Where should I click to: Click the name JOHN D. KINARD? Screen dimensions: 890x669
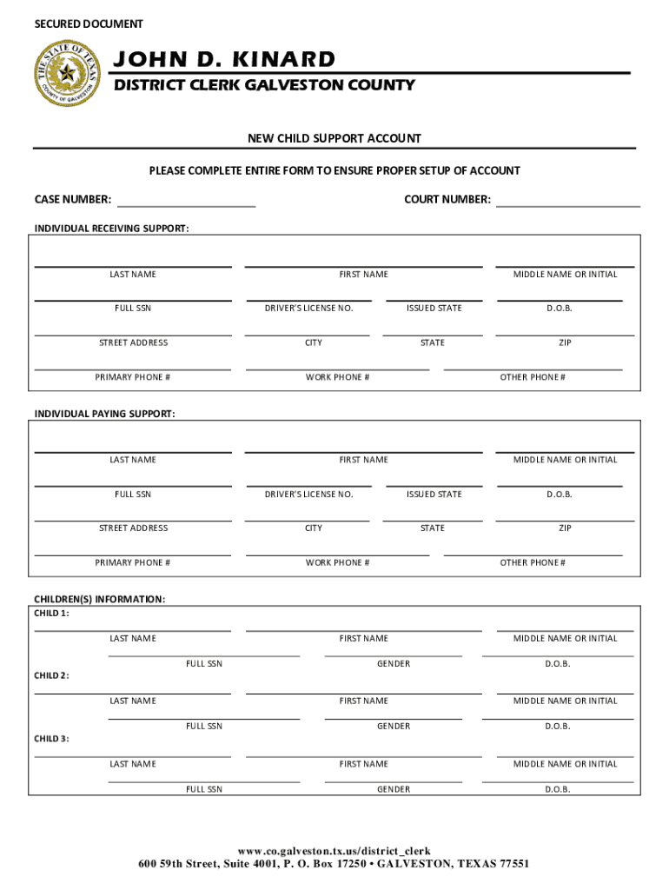(x=224, y=60)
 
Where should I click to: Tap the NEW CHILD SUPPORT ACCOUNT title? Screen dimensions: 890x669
(x=334, y=138)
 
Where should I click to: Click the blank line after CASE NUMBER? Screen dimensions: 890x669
(x=186, y=205)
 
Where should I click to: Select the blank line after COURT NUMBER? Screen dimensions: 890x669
(x=567, y=205)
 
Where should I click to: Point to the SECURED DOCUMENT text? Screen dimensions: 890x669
(x=89, y=23)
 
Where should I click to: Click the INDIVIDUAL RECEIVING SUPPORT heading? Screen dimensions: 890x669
(x=111, y=228)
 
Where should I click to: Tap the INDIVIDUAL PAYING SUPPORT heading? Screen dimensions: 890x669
(x=104, y=414)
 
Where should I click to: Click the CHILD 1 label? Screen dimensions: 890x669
(x=51, y=614)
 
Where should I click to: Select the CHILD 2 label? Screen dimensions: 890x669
(x=51, y=675)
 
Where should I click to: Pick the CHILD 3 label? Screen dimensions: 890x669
(x=51, y=739)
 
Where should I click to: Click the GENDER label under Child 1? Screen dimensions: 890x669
(x=394, y=664)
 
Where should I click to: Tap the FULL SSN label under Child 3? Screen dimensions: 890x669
(x=204, y=789)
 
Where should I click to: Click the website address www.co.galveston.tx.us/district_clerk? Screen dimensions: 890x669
(x=334, y=850)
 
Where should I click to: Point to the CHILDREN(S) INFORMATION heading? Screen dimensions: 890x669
(x=99, y=600)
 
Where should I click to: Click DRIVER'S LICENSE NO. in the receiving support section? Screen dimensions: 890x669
(x=309, y=309)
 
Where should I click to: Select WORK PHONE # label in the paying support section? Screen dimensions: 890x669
(x=337, y=562)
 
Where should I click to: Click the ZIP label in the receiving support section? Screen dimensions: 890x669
(x=565, y=342)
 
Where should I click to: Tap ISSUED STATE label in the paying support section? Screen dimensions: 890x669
(x=434, y=495)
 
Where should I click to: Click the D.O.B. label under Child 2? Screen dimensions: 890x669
(x=558, y=727)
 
